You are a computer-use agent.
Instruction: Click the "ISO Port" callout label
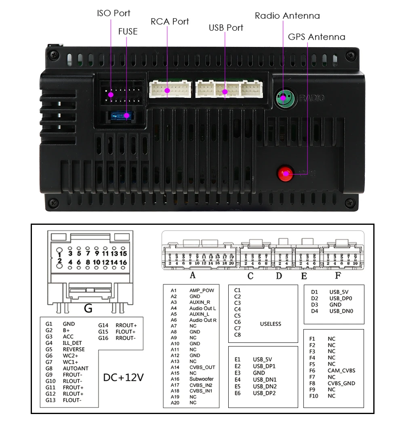pos(114,13)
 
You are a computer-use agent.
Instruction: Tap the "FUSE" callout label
pos(128,31)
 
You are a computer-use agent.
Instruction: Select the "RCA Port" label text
pos(170,21)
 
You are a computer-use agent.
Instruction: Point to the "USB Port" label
pos(226,28)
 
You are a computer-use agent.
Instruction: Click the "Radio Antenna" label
pos(287,16)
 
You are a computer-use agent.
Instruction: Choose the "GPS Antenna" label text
pos(316,37)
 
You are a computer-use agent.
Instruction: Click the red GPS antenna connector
pos(285,173)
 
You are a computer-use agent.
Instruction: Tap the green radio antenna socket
pos(284,97)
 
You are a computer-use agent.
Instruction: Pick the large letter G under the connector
pos(88,308)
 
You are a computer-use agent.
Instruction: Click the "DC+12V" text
pos(124,378)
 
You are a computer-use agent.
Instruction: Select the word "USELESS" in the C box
pos(270,324)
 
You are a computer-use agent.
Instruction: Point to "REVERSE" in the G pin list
pos(74,349)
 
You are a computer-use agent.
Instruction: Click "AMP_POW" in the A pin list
pos(202,290)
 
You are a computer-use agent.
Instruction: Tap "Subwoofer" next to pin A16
pos(201,379)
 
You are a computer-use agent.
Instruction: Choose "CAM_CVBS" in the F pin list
pos(341,370)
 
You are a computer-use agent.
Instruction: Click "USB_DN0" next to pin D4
pos(341,311)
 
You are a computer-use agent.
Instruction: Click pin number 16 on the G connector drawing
pos(123,262)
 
